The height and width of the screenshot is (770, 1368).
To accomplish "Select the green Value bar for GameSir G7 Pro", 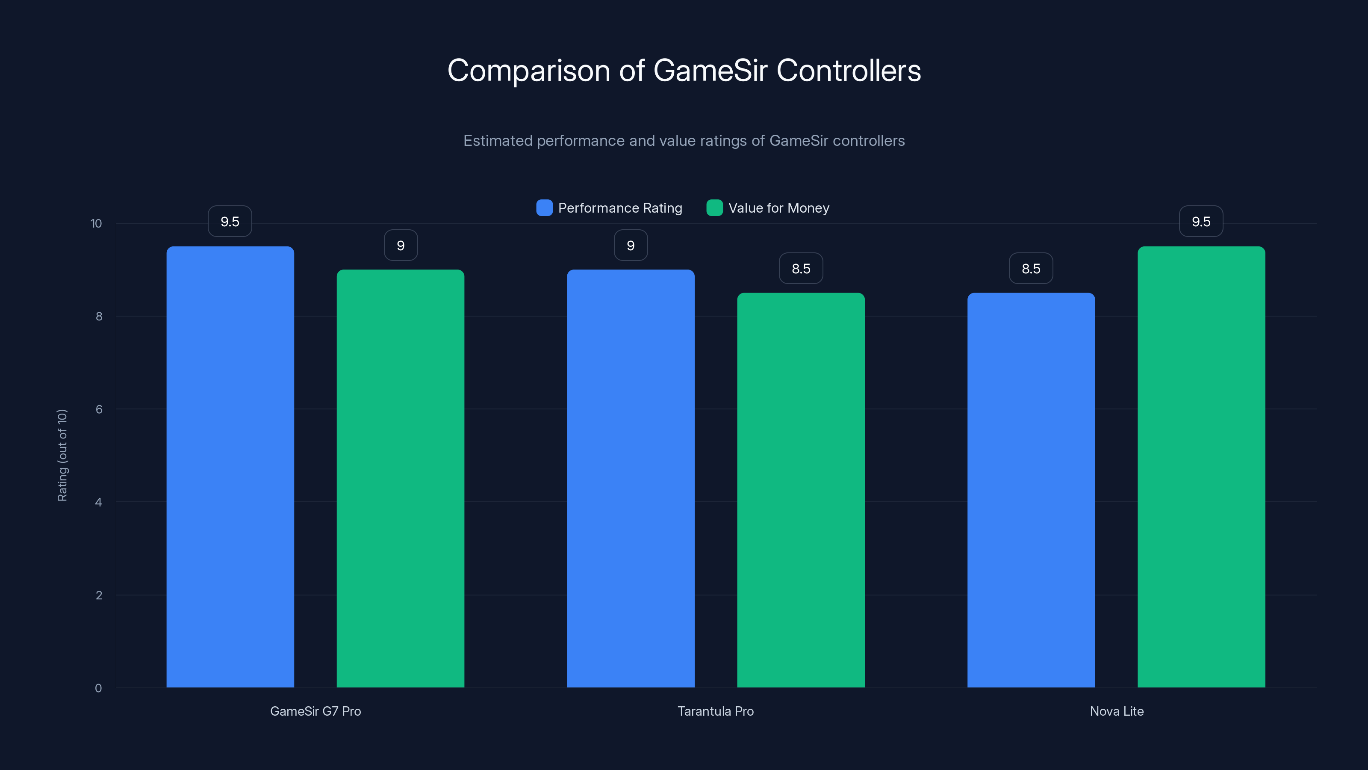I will pyautogui.click(x=401, y=478).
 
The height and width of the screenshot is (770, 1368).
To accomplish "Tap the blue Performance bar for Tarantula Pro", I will pyautogui.click(x=631, y=478).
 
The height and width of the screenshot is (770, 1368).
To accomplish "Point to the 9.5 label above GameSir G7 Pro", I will pyautogui.click(x=230, y=222).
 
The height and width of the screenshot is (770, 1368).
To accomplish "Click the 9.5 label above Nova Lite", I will pyautogui.click(x=1201, y=222).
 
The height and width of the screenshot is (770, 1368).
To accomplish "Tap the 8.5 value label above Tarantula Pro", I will pyautogui.click(x=801, y=268).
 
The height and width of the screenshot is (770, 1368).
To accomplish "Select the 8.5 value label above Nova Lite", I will pyautogui.click(x=1031, y=268).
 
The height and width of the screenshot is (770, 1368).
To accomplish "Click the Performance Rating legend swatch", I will pyautogui.click(x=544, y=208).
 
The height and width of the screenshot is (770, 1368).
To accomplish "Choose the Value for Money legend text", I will pyautogui.click(x=778, y=208).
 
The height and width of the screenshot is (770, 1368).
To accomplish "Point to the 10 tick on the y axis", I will pyautogui.click(x=96, y=223).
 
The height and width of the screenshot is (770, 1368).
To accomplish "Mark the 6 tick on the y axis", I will pyautogui.click(x=99, y=409).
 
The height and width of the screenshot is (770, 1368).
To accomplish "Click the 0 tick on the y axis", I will pyautogui.click(x=98, y=688).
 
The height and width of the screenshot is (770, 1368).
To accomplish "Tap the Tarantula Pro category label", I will pyautogui.click(x=715, y=711).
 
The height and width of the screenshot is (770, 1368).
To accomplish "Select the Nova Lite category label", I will pyautogui.click(x=1116, y=711).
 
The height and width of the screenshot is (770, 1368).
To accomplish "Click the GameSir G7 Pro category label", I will pyautogui.click(x=315, y=711).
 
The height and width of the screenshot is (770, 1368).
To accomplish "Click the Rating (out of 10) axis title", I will pyautogui.click(x=62, y=455).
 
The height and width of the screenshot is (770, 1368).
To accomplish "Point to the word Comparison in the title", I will pyautogui.click(x=528, y=71).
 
